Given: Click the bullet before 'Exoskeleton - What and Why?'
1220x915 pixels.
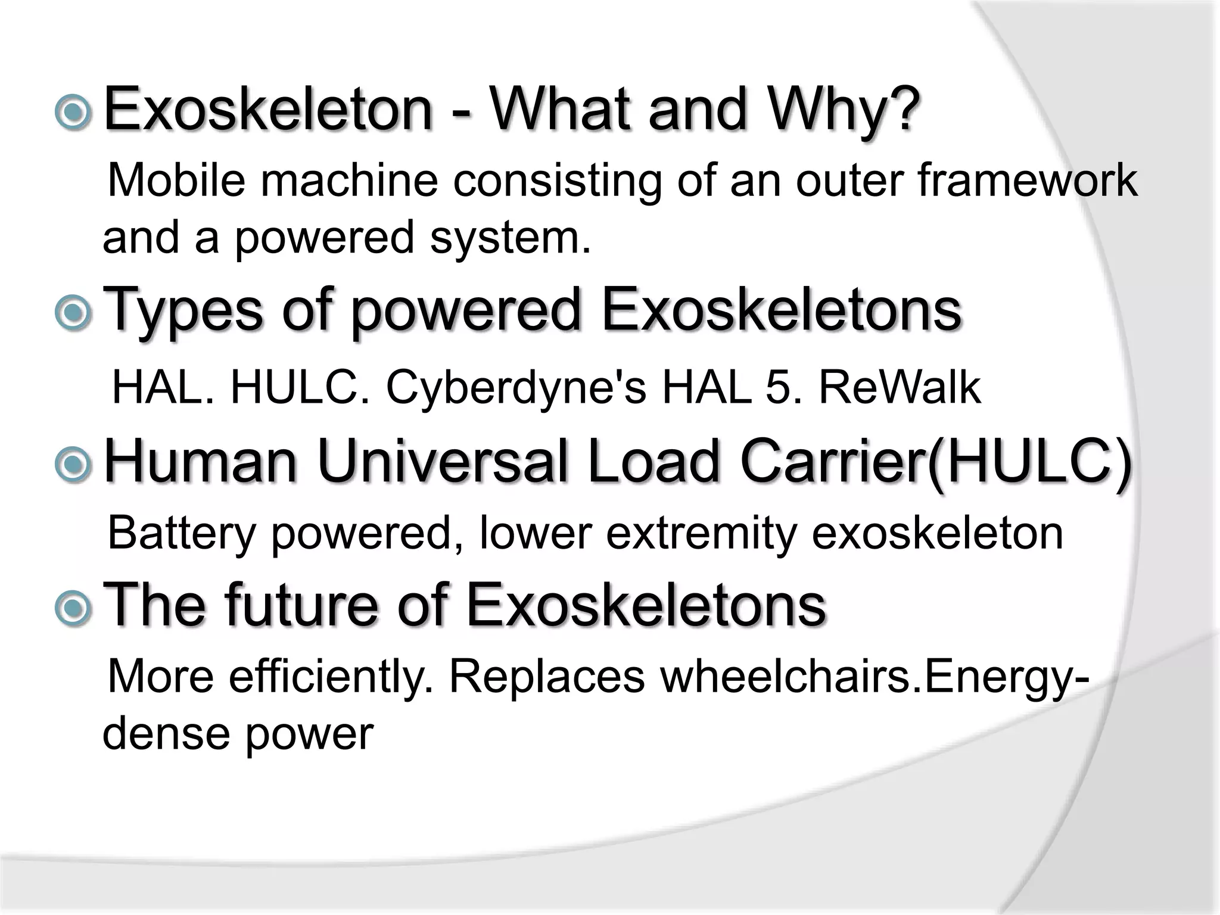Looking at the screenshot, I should [73, 111].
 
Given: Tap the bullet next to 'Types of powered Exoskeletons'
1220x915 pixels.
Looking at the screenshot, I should [73, 312].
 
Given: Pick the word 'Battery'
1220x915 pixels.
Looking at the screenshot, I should [181, 533].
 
